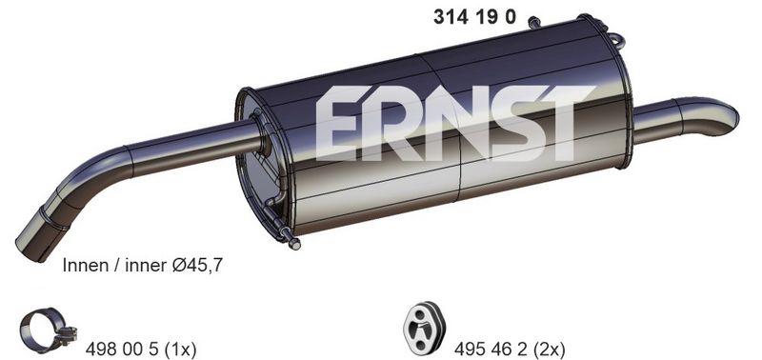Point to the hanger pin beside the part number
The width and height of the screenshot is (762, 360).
[535, 20]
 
